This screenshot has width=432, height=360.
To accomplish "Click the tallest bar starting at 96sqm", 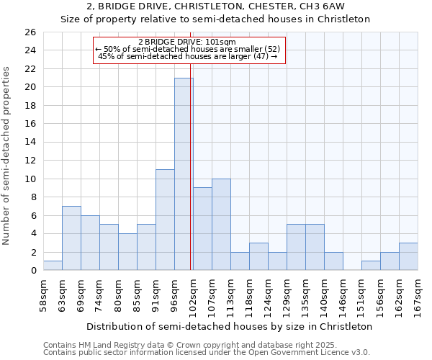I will pyautogui.click(x=184, y=174).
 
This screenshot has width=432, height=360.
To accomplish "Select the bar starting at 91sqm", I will pyautogui.click(x=165, y=220).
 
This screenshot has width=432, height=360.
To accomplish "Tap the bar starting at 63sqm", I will pyautogui.click(x=71, y=238).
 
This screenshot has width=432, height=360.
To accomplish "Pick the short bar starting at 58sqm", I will pyautogui.click(x=53, y=266).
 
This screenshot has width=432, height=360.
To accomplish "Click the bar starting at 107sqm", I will pyautogui.click(x=221, y=225).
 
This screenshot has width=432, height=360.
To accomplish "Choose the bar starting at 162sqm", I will pyautogui.click(x=408, y=257).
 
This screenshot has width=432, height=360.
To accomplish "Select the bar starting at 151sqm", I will pyautogui.click(x=371, y=266).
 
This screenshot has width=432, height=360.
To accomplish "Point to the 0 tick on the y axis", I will pyautogui.click(x=33, y=271).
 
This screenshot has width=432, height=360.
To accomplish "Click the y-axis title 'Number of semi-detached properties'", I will pyautogui.click(x=8, y=156).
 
